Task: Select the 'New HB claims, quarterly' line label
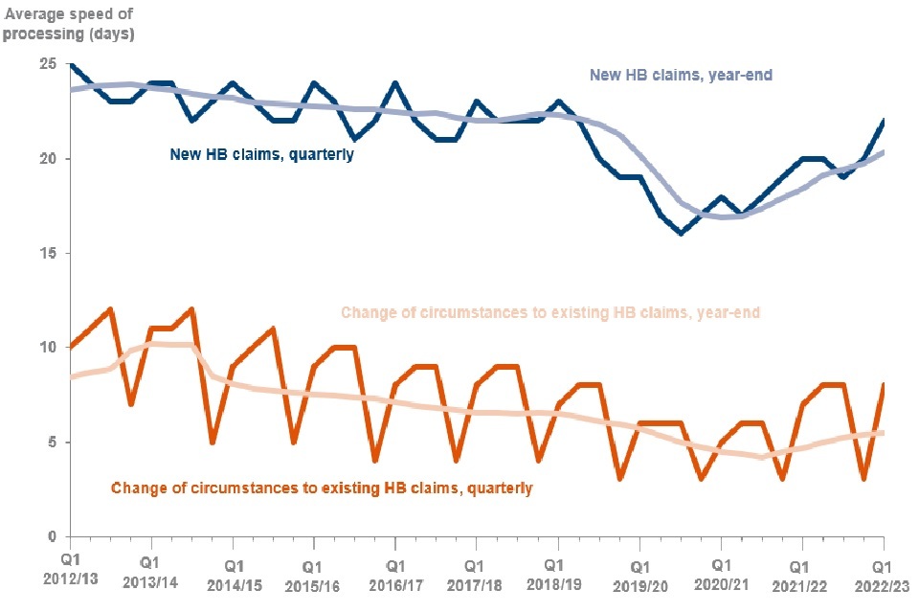click(262, 152)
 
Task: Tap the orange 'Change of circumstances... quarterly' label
click(322, 488)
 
